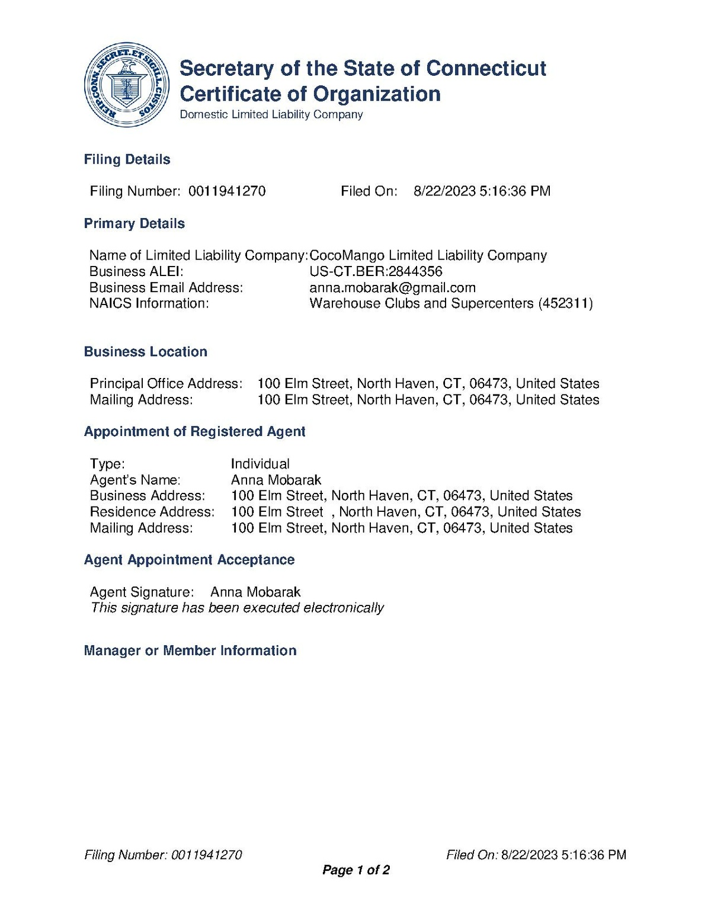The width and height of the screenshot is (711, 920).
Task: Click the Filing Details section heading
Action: (127, 159)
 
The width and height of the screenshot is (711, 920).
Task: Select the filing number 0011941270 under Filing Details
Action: (227, 191)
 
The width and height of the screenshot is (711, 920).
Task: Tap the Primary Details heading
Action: (134, 223)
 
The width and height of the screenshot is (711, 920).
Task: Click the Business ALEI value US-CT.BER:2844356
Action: (376, 271)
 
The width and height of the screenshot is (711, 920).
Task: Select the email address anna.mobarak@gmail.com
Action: (392, 287)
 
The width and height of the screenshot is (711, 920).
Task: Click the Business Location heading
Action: (145, 352)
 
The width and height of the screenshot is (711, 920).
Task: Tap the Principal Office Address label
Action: (166, 383)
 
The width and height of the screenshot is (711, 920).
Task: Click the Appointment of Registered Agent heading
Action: (194, 432)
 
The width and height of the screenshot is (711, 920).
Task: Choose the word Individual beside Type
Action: (260, 464)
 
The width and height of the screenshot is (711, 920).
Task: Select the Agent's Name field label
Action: (135, 480)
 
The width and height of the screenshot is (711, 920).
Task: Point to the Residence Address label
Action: (152, 512)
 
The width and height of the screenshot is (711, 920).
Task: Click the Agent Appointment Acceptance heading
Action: (189, 560)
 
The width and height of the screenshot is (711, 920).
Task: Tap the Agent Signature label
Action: (142, 592)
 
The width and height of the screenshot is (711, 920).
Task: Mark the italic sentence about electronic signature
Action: (237, 608)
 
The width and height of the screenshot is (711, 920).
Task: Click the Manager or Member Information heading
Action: (190, 650)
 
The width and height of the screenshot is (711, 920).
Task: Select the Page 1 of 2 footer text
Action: (355, 870)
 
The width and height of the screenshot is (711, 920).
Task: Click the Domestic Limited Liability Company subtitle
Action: (271, 114)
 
